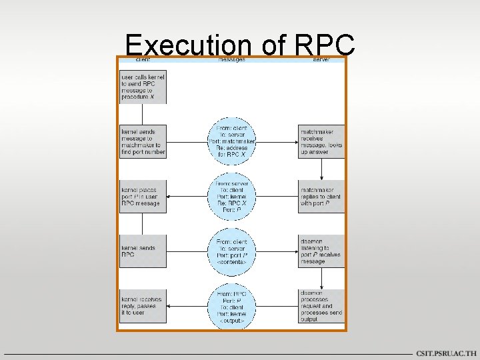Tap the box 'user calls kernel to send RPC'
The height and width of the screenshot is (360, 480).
[143, 87]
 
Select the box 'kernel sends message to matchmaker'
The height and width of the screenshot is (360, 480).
[143, 141]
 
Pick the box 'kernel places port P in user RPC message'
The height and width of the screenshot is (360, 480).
[143, 197]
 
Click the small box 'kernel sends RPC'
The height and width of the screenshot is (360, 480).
[143, 251]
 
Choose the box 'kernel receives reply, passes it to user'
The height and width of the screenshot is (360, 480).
[143, 306]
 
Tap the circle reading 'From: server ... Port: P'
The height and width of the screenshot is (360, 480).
[232, 197]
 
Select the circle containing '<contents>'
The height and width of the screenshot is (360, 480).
[232, 251]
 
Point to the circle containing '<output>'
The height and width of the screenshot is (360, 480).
[232, 306]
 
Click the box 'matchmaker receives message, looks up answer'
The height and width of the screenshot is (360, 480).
[321, 141]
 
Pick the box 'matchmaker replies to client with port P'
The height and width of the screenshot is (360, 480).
[321, 197]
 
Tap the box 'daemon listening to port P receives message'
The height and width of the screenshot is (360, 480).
[321, 251]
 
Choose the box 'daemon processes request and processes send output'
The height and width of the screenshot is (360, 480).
[321, 306]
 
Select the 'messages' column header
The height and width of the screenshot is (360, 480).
[231, 60]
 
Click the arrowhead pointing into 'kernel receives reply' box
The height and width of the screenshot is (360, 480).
[169, 306]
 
